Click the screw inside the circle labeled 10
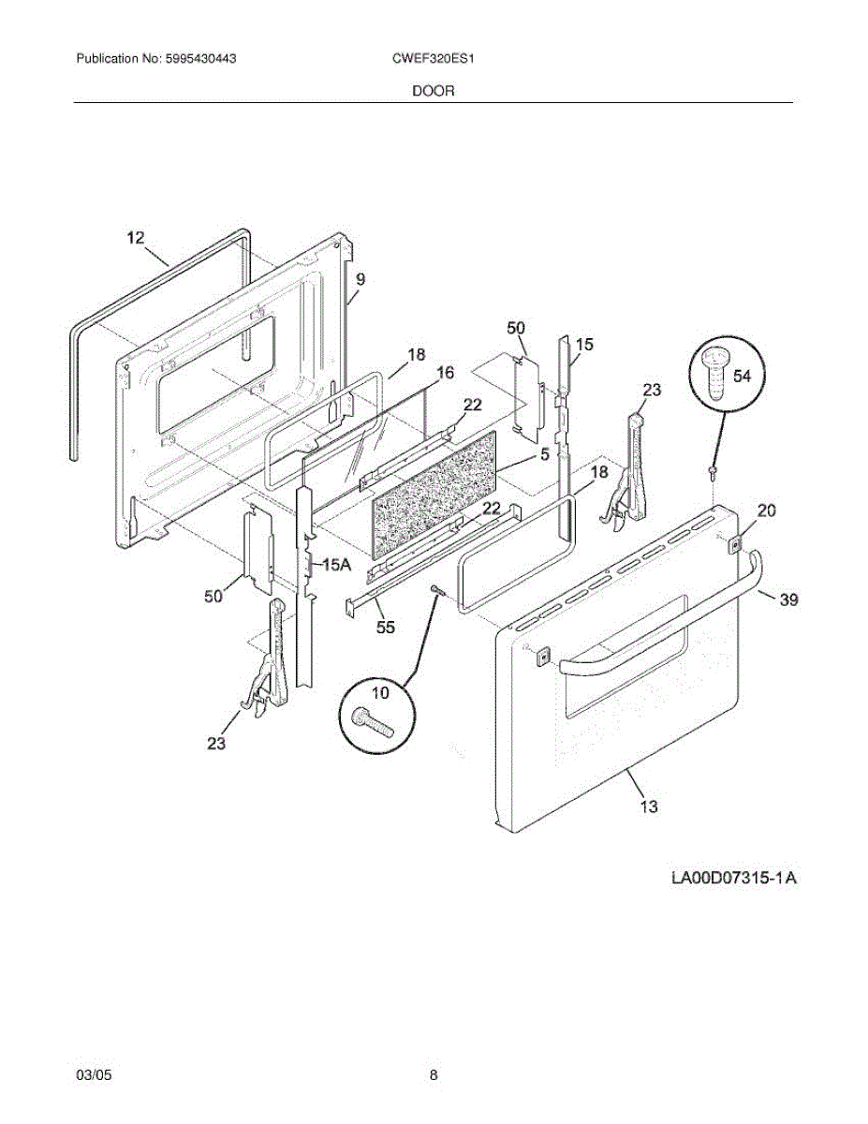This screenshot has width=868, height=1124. coord(372,718)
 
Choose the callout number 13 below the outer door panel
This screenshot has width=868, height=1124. coord(648,806)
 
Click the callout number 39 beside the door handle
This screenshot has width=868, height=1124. coord(788,599)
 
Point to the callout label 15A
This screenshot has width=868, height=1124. coord(336,565)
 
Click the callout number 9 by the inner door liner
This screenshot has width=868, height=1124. coord(360,278)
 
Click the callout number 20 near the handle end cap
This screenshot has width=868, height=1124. coord(767,510)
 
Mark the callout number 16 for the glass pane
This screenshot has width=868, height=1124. coord(445,373)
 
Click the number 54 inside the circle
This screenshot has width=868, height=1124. coord(742,376)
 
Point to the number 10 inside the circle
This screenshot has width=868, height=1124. coord(379,693)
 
